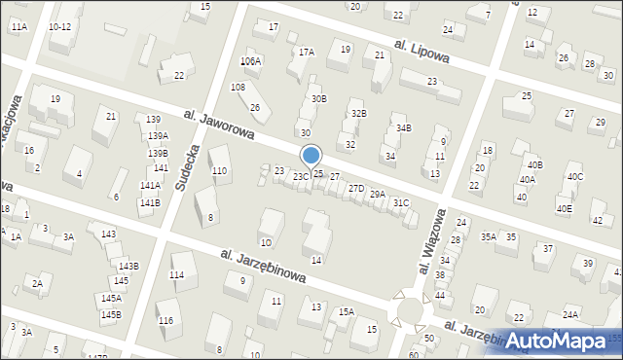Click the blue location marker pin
(x=311, y=156)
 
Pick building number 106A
(x=251, y=61)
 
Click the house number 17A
(x=307, y=52)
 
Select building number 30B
(x=318, y=99)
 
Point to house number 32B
(x=359, y=114)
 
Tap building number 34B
(x=403, y=127)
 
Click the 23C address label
(x=302, y=177)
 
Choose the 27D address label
(x=356, y=189)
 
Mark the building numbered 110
(x=220, y=171)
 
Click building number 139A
(x=158, y=136)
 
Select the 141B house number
(x=149, y=203)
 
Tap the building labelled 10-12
(x=59, y=26)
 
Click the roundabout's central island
(x=410, y=309)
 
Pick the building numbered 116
(x=165, y=321)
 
